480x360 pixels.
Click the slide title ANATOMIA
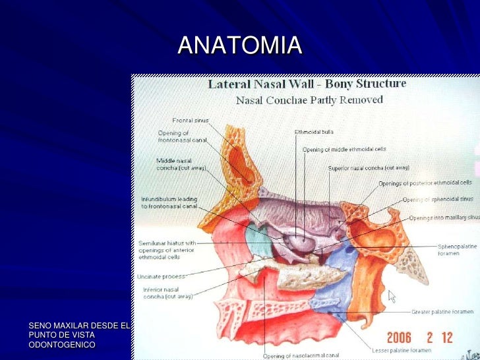(239, 45)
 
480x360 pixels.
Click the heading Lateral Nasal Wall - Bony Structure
(307, 84)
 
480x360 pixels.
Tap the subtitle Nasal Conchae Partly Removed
(309, 100)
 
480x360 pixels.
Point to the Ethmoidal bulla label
(309, 132)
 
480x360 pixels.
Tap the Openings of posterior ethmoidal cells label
(425, 183)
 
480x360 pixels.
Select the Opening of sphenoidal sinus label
(438, 199)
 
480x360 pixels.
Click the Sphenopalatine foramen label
(456, 251)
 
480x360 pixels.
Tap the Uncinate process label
(161, 276)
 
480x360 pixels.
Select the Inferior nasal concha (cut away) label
(168, 293)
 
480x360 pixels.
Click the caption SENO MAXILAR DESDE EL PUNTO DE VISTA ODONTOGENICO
(80, 336)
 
